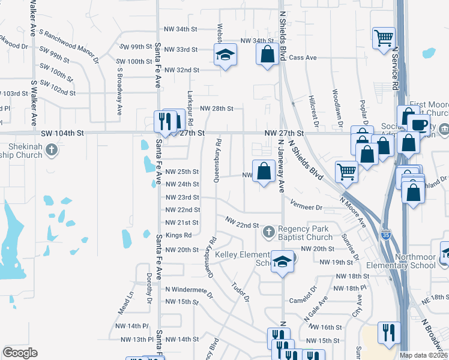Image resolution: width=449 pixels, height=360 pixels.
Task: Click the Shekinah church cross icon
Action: [x=52, y=149]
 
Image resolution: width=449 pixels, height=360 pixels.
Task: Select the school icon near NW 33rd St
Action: [x=225, y=55]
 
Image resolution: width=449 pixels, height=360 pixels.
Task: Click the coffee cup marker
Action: [x=419, y=124]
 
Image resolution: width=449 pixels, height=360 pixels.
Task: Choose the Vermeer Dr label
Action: [x=307, y=207]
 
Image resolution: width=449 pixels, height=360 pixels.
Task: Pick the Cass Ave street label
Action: [x=303, y=58]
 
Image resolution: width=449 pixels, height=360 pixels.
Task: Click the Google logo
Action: [x=20, y=353]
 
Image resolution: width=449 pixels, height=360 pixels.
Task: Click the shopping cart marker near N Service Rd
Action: [x=384, y=38]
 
